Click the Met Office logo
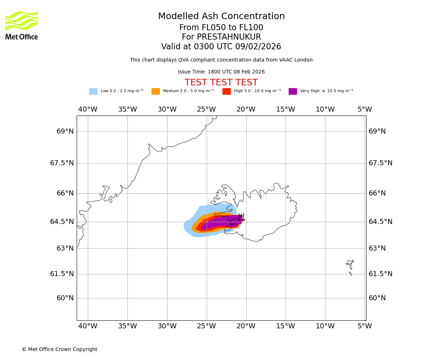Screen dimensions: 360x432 pos(22,25)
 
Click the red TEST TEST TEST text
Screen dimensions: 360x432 pos(221,82)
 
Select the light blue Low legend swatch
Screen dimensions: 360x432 pos(93,91)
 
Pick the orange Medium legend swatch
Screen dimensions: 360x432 pos(156,91)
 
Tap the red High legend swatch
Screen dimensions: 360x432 pos(226,91)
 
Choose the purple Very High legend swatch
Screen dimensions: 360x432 pos(293,91)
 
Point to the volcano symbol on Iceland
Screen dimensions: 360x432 pos(241,217)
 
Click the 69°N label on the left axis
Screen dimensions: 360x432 pos(65,131)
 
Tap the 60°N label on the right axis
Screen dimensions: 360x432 pos(377,298)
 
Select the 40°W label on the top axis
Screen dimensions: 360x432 pos(88,109)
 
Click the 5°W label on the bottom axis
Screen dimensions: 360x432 pos(364,326)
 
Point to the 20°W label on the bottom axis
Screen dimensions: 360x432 pos(246,326)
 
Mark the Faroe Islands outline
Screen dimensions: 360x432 pos(350,266)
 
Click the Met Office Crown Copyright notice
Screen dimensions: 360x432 pos(59,349)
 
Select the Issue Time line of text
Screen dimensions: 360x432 pos(221,72)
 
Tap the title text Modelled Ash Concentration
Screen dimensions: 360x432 pos(221,17)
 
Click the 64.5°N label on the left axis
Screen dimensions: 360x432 pos(62,222)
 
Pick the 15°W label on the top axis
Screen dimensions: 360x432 pos(285,109)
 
